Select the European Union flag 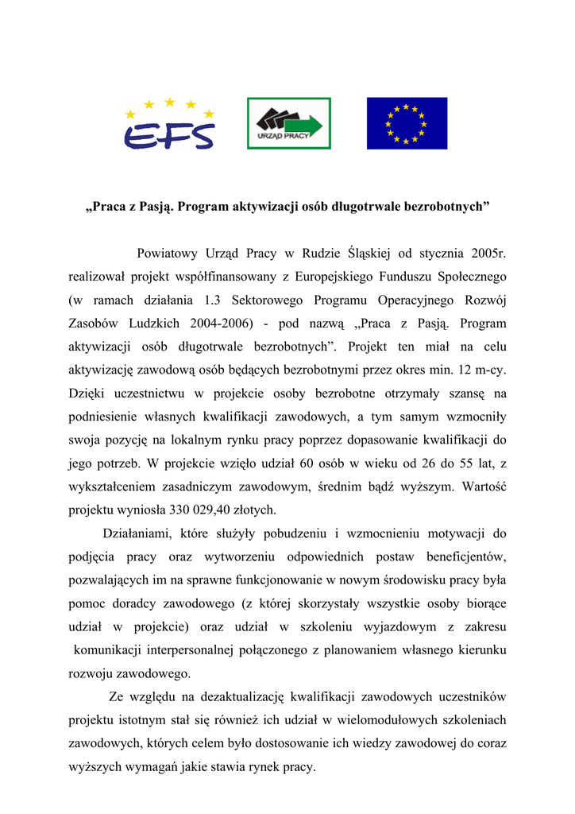[407, 123]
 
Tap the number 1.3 [210, 300]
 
